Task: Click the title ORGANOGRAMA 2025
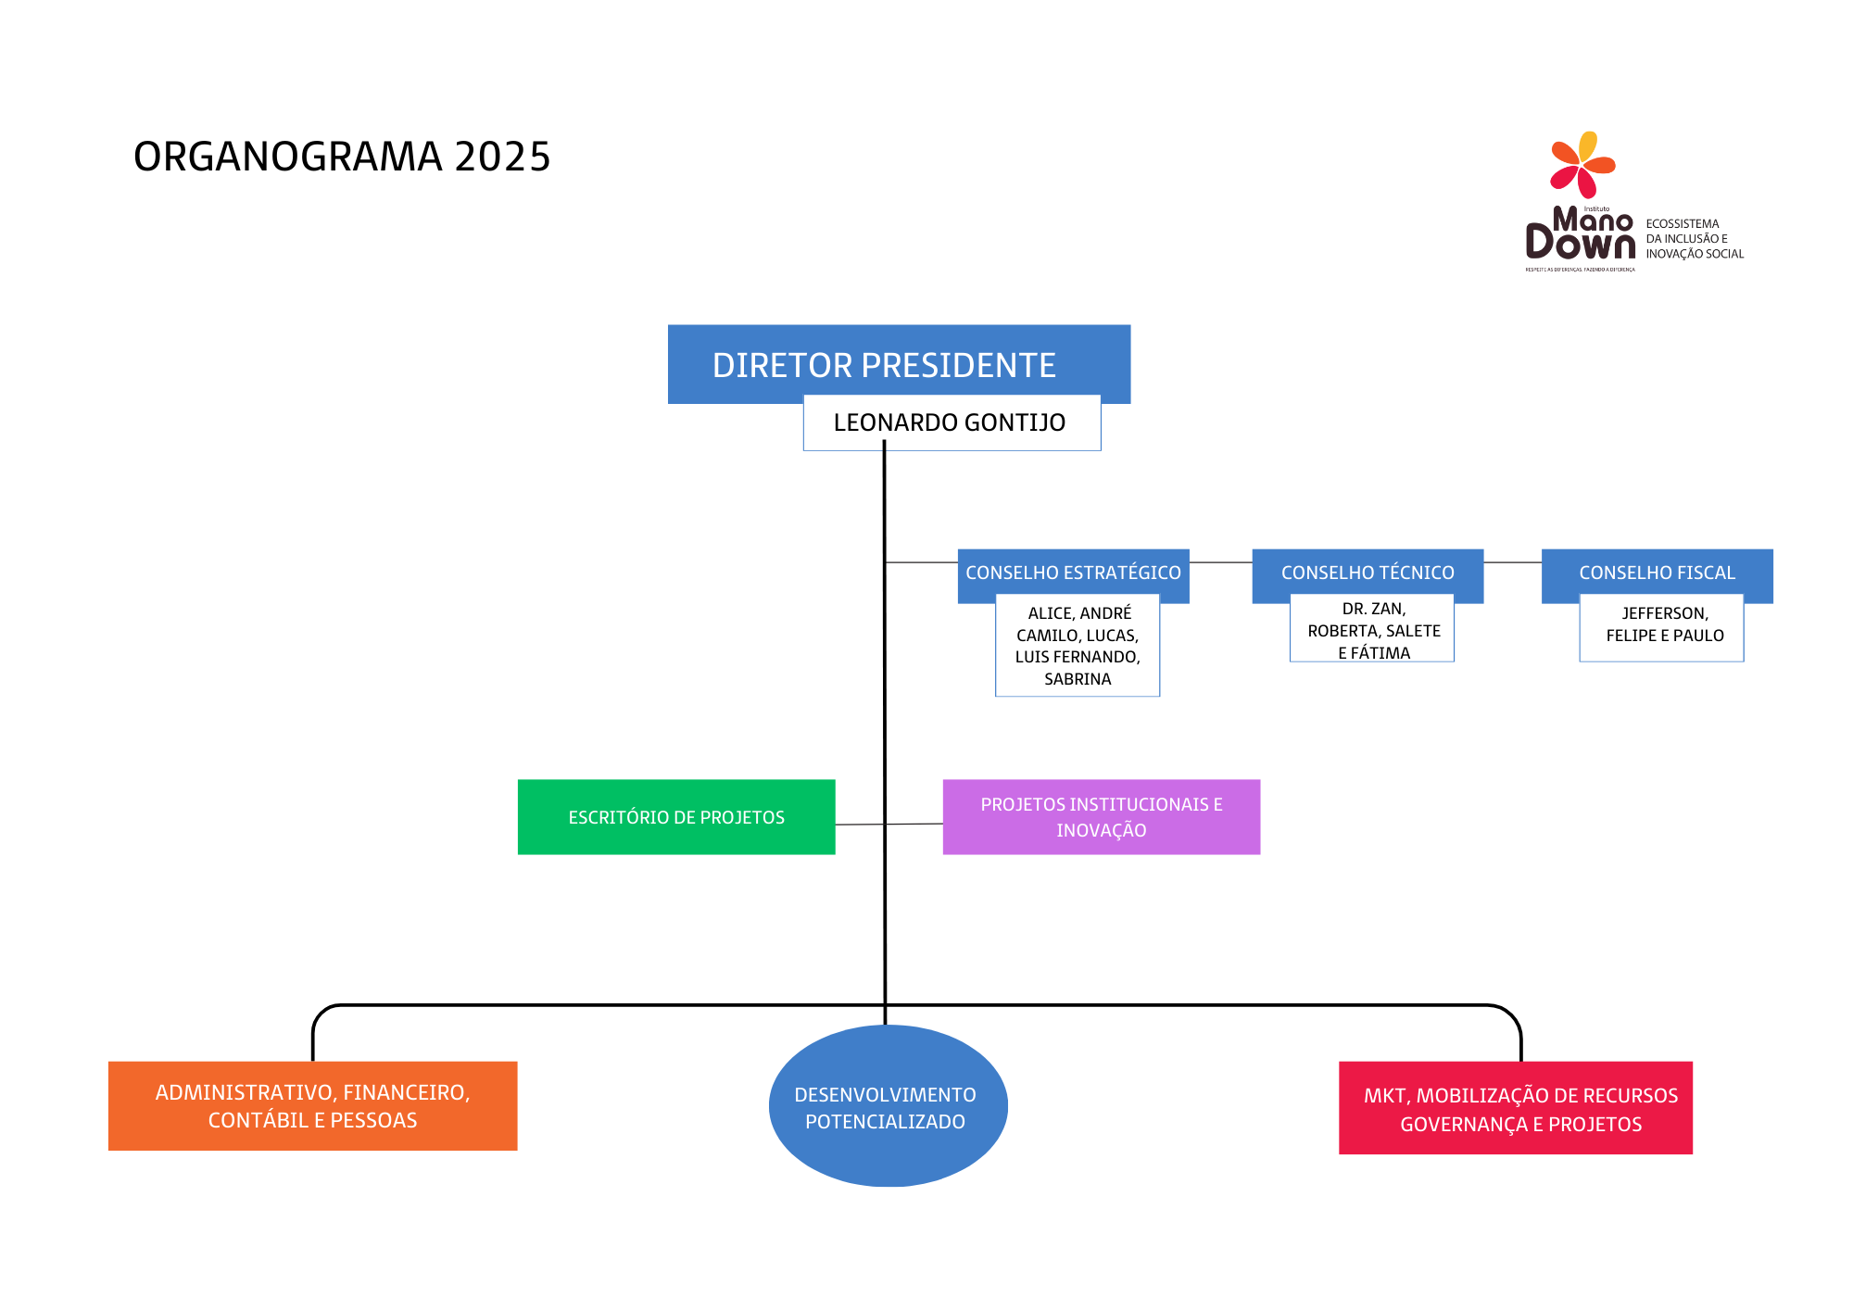point(342,157)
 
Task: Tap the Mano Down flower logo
point(1582,165)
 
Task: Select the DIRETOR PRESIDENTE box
point(884,364)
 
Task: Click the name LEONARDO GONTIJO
point(950,423)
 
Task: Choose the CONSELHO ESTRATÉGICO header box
point(1073,573)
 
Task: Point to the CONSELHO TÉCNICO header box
point(1368,573)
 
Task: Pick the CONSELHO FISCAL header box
point(1657,573)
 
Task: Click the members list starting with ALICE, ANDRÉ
point(1078,646)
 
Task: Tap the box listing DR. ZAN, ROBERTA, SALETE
point(1373,631)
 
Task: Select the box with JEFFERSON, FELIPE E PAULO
point(1664,625)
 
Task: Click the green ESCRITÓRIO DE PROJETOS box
point(676,817)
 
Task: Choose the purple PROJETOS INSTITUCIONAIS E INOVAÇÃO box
point(1101,817)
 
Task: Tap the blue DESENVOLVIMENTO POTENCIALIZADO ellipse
point(886,1108)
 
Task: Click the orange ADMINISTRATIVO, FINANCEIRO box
point(312,1106)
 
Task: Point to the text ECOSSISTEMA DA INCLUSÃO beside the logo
point(1694,239)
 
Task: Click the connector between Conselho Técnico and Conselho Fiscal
point(1512,562)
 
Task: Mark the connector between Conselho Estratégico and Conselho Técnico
point(1220,562)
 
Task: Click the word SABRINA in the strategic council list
point(1078,679)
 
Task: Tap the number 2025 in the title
point(502,157)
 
